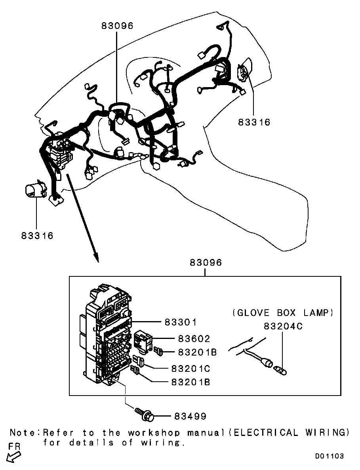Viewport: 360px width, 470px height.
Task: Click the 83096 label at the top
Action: point(117,26)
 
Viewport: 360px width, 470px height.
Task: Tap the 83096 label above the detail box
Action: point(206,263)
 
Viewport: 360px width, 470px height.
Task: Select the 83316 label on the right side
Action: point(254,122)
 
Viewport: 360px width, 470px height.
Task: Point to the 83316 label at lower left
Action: point(37,236)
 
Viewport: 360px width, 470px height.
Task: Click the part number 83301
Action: point(181,322)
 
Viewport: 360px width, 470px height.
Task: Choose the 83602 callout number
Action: point(194,339)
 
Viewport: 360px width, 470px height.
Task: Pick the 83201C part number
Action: point(190,368)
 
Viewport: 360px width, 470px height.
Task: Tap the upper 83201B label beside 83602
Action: point(197,352)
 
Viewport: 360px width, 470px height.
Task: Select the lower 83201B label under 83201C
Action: point(190,382)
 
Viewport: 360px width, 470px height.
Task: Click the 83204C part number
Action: point(283,326)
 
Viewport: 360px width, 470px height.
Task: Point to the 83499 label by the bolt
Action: point(190,416)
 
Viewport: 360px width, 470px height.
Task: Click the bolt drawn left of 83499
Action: point(145,414)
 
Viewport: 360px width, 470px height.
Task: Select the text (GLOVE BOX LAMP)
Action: point(283,313)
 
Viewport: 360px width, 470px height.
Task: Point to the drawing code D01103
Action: point(330,456)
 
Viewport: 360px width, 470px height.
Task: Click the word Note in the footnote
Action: point(23,433)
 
